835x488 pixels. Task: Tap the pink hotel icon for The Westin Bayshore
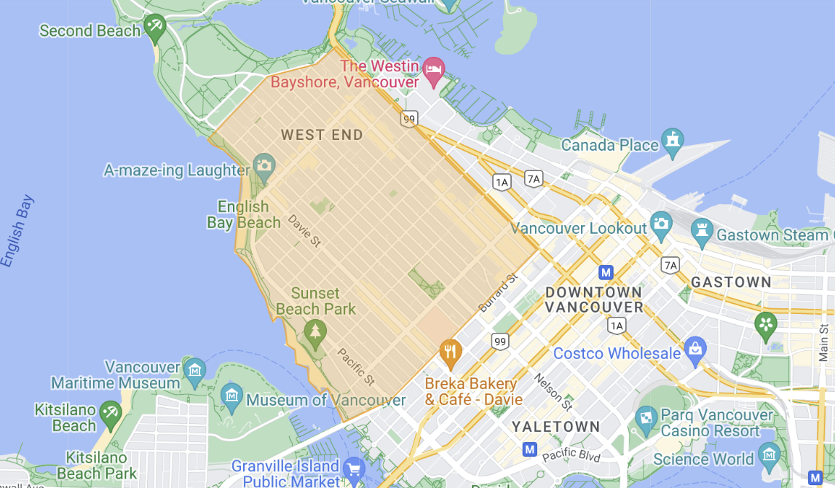coord(434,70)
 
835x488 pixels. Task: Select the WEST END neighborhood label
coord(322,135)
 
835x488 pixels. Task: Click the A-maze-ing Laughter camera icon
coord(264,165)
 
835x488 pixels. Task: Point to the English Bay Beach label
coord(243,215)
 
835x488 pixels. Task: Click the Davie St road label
coord(304,230)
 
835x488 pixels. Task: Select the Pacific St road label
coord(355,366)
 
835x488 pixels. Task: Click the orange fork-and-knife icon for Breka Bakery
coord(451,353)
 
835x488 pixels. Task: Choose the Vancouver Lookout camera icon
coord(661,224)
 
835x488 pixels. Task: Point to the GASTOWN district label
coord(731,282)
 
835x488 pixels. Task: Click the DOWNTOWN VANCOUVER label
coord(594,299)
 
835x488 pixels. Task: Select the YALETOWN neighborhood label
coord(555,426)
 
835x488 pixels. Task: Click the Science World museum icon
coord(769,455)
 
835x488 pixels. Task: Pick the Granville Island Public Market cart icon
coord(354,467)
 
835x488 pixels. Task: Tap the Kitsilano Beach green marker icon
coord(111,412)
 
